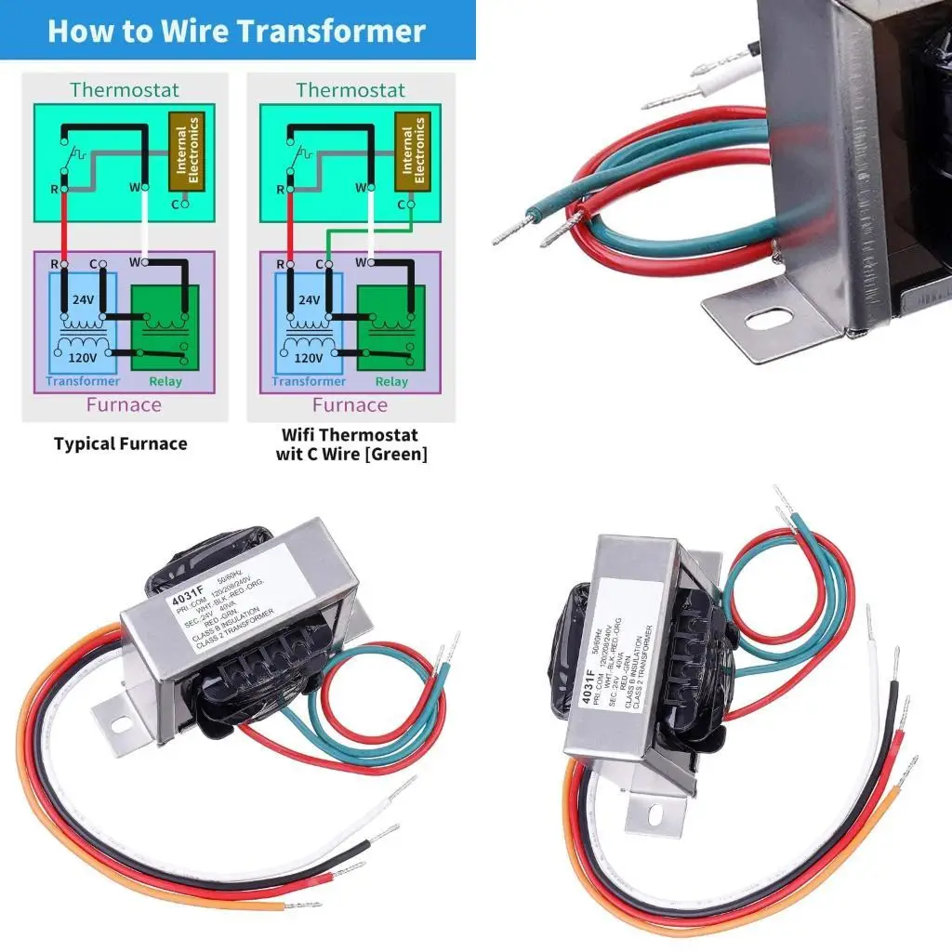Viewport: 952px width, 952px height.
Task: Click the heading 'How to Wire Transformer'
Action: (x=236, y=31)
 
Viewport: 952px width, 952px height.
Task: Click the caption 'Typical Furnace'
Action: (x=120, y=443)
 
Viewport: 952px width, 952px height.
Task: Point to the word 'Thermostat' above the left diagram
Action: (x=124, y=90)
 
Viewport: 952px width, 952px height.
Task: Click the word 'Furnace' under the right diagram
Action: (x=350, y=404)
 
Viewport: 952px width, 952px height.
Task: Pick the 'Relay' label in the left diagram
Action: (x=165, y=381)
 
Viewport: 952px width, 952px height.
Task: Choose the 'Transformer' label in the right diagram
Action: (x=309, y=381)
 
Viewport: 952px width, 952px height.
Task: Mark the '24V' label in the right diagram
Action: (x=310, y=300)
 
